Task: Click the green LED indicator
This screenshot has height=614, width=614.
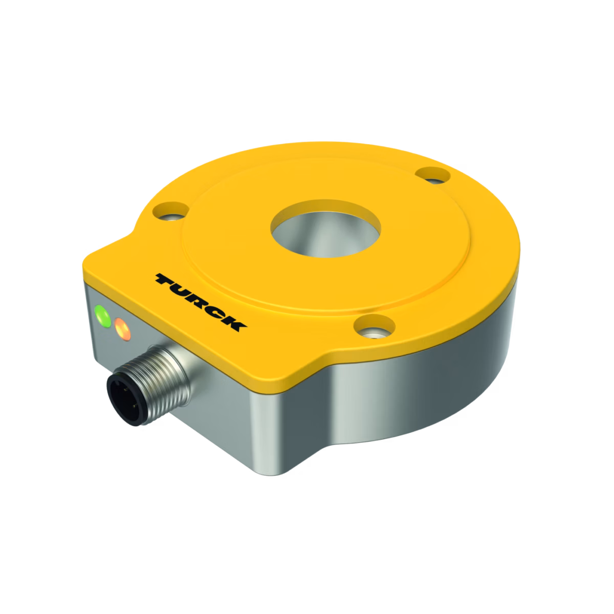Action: click(x=103, y=316)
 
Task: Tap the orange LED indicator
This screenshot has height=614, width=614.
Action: click(x=123, y=328)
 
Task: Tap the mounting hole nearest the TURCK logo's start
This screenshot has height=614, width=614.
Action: click(x=171, y=211)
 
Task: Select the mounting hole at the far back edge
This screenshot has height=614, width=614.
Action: click(x=433, y=176)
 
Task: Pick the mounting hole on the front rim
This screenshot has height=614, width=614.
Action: click(x=375, y=326)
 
